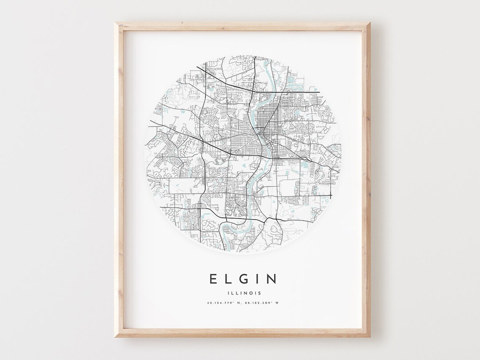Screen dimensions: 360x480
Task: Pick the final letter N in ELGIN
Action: click(272, 279)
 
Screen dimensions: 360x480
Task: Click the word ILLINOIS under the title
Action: click(242, 293)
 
